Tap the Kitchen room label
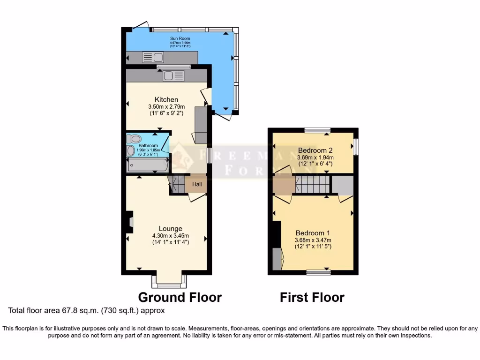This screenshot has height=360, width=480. [166, 99]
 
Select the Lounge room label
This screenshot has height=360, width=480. [170, 228]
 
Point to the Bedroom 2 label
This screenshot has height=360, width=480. [315, 150]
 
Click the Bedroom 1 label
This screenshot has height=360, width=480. [313, 233]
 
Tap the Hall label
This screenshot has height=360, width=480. [197, 185]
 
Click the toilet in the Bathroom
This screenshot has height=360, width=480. [135, 139]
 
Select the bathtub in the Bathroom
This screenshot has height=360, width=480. [147, 165]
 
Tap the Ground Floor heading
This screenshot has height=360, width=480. [180, 297]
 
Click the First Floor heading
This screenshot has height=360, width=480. [312, 297]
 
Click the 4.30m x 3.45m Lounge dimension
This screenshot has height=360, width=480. [170, 235]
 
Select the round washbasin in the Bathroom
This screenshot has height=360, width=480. [130, 151]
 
